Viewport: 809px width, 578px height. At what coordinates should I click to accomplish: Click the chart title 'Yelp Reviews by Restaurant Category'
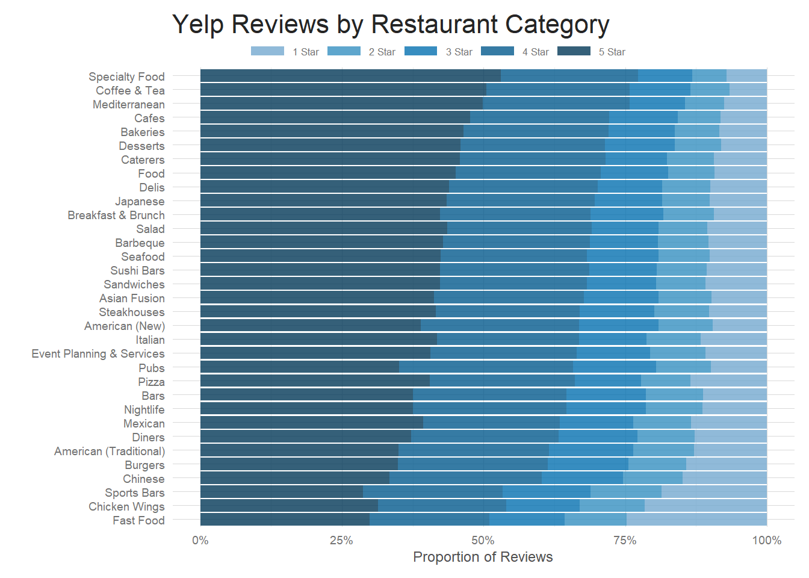(x=391, y=25)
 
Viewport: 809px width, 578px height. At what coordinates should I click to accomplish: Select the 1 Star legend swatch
(x=267, y=51)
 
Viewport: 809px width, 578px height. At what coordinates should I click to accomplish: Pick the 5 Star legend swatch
(x=574, y=51)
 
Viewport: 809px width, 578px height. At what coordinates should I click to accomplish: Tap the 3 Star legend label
(x=459, y=52)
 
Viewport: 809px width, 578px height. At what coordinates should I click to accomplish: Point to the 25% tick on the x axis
(x=341, y=540)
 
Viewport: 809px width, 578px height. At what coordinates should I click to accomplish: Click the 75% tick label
(x=625, y=540)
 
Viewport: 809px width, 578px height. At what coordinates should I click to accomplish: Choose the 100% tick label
(x=766, y=540)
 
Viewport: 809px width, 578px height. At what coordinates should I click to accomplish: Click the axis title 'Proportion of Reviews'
(x=483, y=557)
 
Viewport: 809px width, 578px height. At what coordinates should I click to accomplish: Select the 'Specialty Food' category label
(x=126, y=76)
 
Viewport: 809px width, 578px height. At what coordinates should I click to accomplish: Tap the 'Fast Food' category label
(x=138, y=520)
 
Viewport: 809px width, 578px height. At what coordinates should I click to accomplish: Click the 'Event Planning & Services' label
(x=98, y=353)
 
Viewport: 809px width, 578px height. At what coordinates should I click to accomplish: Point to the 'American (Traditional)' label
(x=110, y=451)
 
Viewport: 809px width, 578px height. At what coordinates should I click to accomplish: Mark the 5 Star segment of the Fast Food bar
(x=285, y=520)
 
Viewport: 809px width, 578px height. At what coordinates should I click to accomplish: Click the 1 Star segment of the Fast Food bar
(x=696, y=520)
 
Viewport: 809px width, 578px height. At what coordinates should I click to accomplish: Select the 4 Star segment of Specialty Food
(x=569, y=76)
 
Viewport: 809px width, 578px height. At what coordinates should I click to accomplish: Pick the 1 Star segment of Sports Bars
(x=714, y=492)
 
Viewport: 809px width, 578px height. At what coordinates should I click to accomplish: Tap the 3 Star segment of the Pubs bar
(x=614, y=367)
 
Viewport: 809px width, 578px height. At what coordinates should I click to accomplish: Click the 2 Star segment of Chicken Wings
(x=612, y=506)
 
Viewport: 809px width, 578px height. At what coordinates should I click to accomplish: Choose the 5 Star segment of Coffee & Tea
(x=343, y=90)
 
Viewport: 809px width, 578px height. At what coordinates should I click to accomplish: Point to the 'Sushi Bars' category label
(x=137, y=270)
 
